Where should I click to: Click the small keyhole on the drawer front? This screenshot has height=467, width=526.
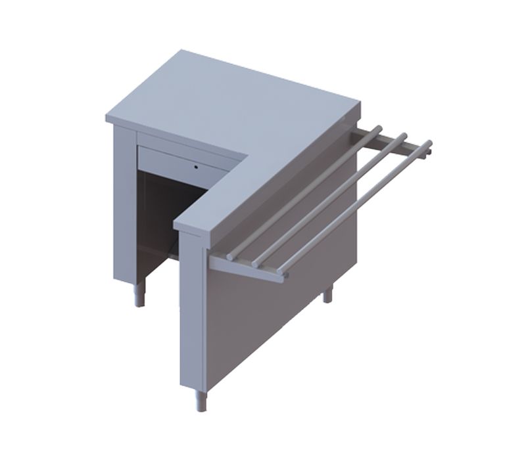coord(196,167)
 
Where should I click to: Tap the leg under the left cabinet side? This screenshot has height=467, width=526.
coord(141,296)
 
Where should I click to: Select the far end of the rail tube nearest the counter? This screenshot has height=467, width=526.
coord(378,129)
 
